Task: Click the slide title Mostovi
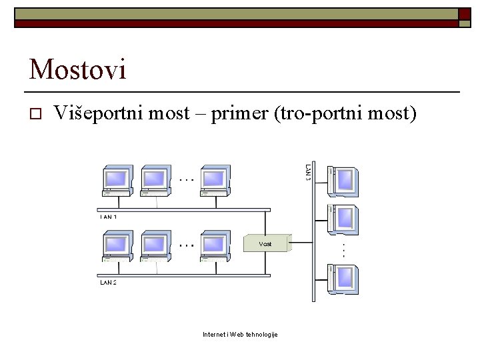click(77, 69)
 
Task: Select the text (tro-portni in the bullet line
click(307, 113)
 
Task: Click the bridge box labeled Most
click(267, 243)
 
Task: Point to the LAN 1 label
click(108, 217)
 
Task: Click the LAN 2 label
click(108, 283)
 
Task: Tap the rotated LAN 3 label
click(308, 171)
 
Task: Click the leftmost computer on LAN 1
click(117, 181)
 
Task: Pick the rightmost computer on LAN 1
click(215, 181)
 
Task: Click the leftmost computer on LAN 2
click(117, 246)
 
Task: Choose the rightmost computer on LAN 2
click(215, 246)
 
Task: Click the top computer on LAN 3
click(343, 181)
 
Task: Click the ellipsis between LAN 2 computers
click(187, 245)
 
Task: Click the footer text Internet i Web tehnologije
click(240, 334)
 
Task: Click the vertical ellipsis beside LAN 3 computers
click(343, 250)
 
